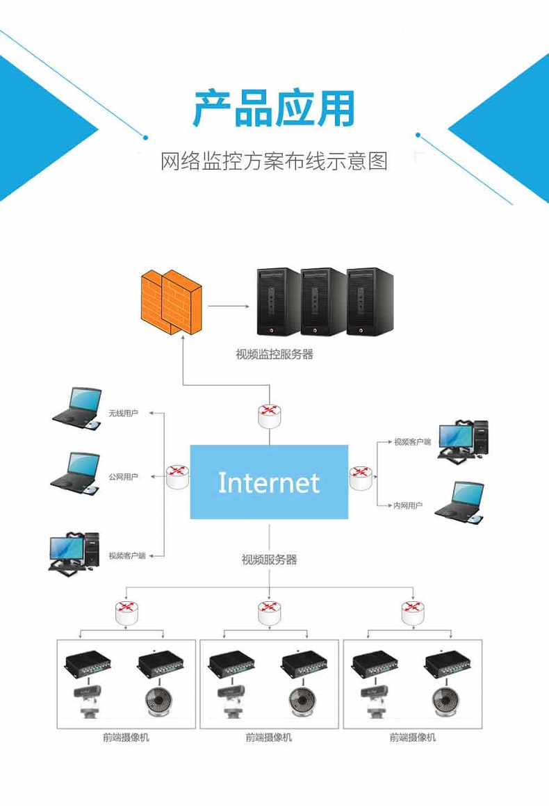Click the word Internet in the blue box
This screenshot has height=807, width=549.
click(269, 483)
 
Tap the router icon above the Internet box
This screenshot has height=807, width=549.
click(270, 416)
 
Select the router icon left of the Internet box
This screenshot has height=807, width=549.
click(177, 476)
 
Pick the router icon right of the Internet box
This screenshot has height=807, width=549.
click(361, 478)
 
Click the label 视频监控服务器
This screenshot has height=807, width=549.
click(274, 354)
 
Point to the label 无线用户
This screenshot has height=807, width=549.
click(123, 413)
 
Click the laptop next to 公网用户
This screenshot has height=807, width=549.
click(75, 474)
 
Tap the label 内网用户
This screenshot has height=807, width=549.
click(408, 505)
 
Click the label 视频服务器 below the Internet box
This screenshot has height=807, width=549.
click(269, 560)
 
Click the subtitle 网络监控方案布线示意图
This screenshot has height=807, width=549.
click(274, 161)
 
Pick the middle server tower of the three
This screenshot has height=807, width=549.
click(322, 302)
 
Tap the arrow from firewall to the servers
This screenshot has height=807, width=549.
click(229, 307)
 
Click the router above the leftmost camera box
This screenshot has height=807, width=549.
click(126, 612)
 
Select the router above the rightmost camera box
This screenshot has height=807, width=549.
click(413, 612)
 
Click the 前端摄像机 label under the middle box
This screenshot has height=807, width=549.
click(268, 737)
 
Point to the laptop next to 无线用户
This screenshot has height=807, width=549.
click(77, 409)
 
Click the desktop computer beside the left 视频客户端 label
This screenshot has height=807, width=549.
click(74, 553)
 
